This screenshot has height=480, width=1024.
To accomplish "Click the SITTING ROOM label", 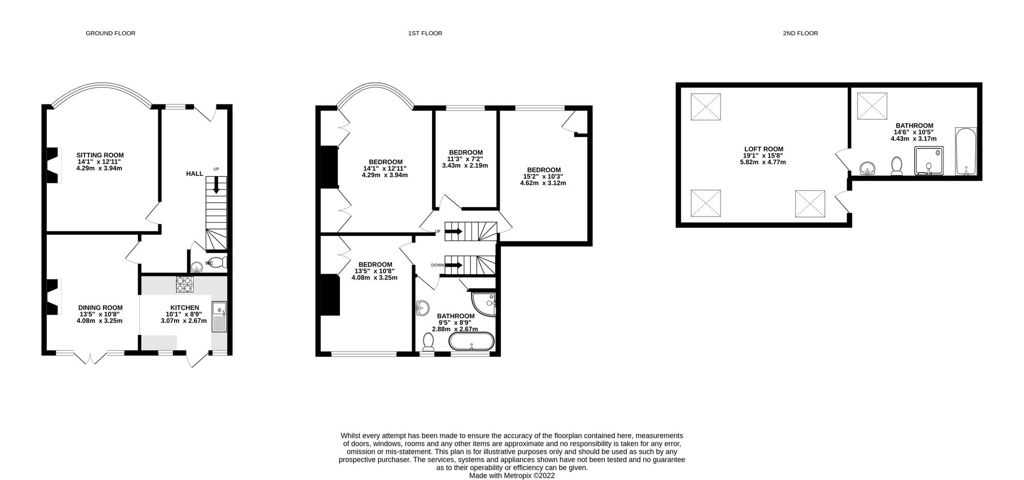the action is pos(100,155).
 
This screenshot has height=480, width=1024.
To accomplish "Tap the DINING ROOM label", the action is pos(100,308).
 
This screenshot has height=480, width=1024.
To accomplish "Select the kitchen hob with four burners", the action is pos(184,285).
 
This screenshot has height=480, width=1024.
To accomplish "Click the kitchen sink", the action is pos(221,309).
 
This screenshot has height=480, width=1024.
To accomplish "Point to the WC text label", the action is pos(209,264).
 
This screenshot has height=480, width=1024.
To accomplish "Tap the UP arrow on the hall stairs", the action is pos(216,184).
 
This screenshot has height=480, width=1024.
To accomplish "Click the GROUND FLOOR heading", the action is pos(111,33).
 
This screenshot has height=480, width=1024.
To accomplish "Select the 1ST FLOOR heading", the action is pos(425,33).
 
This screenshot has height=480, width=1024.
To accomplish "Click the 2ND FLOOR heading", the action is pos(800,33).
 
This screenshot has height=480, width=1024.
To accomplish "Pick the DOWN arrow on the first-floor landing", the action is pos(454,265).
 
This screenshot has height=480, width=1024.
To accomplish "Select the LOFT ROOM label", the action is pos(764,149).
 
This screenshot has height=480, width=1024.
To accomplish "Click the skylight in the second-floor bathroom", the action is pos(872,106).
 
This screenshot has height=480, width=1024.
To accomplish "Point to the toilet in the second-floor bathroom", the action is pos(897,166).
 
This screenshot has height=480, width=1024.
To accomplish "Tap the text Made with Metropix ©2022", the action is pos(512,475).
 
